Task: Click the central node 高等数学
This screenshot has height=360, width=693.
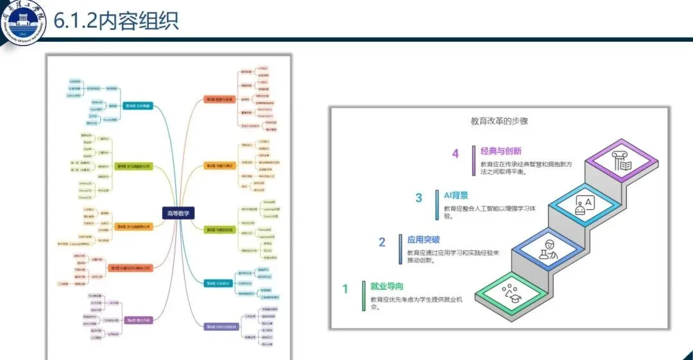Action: point(178,214)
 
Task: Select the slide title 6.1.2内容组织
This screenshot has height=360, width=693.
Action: point(116,21)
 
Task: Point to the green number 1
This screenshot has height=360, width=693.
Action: point(345,289)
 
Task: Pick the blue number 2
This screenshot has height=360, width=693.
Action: point(382,242)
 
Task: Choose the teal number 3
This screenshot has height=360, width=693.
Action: point(418,198)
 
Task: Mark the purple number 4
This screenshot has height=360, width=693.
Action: point(455,153)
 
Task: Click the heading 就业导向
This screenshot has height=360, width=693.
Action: point(387,286)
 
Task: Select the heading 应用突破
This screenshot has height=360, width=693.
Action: point(424,239)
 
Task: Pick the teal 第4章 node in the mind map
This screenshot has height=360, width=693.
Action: point(218,283)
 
